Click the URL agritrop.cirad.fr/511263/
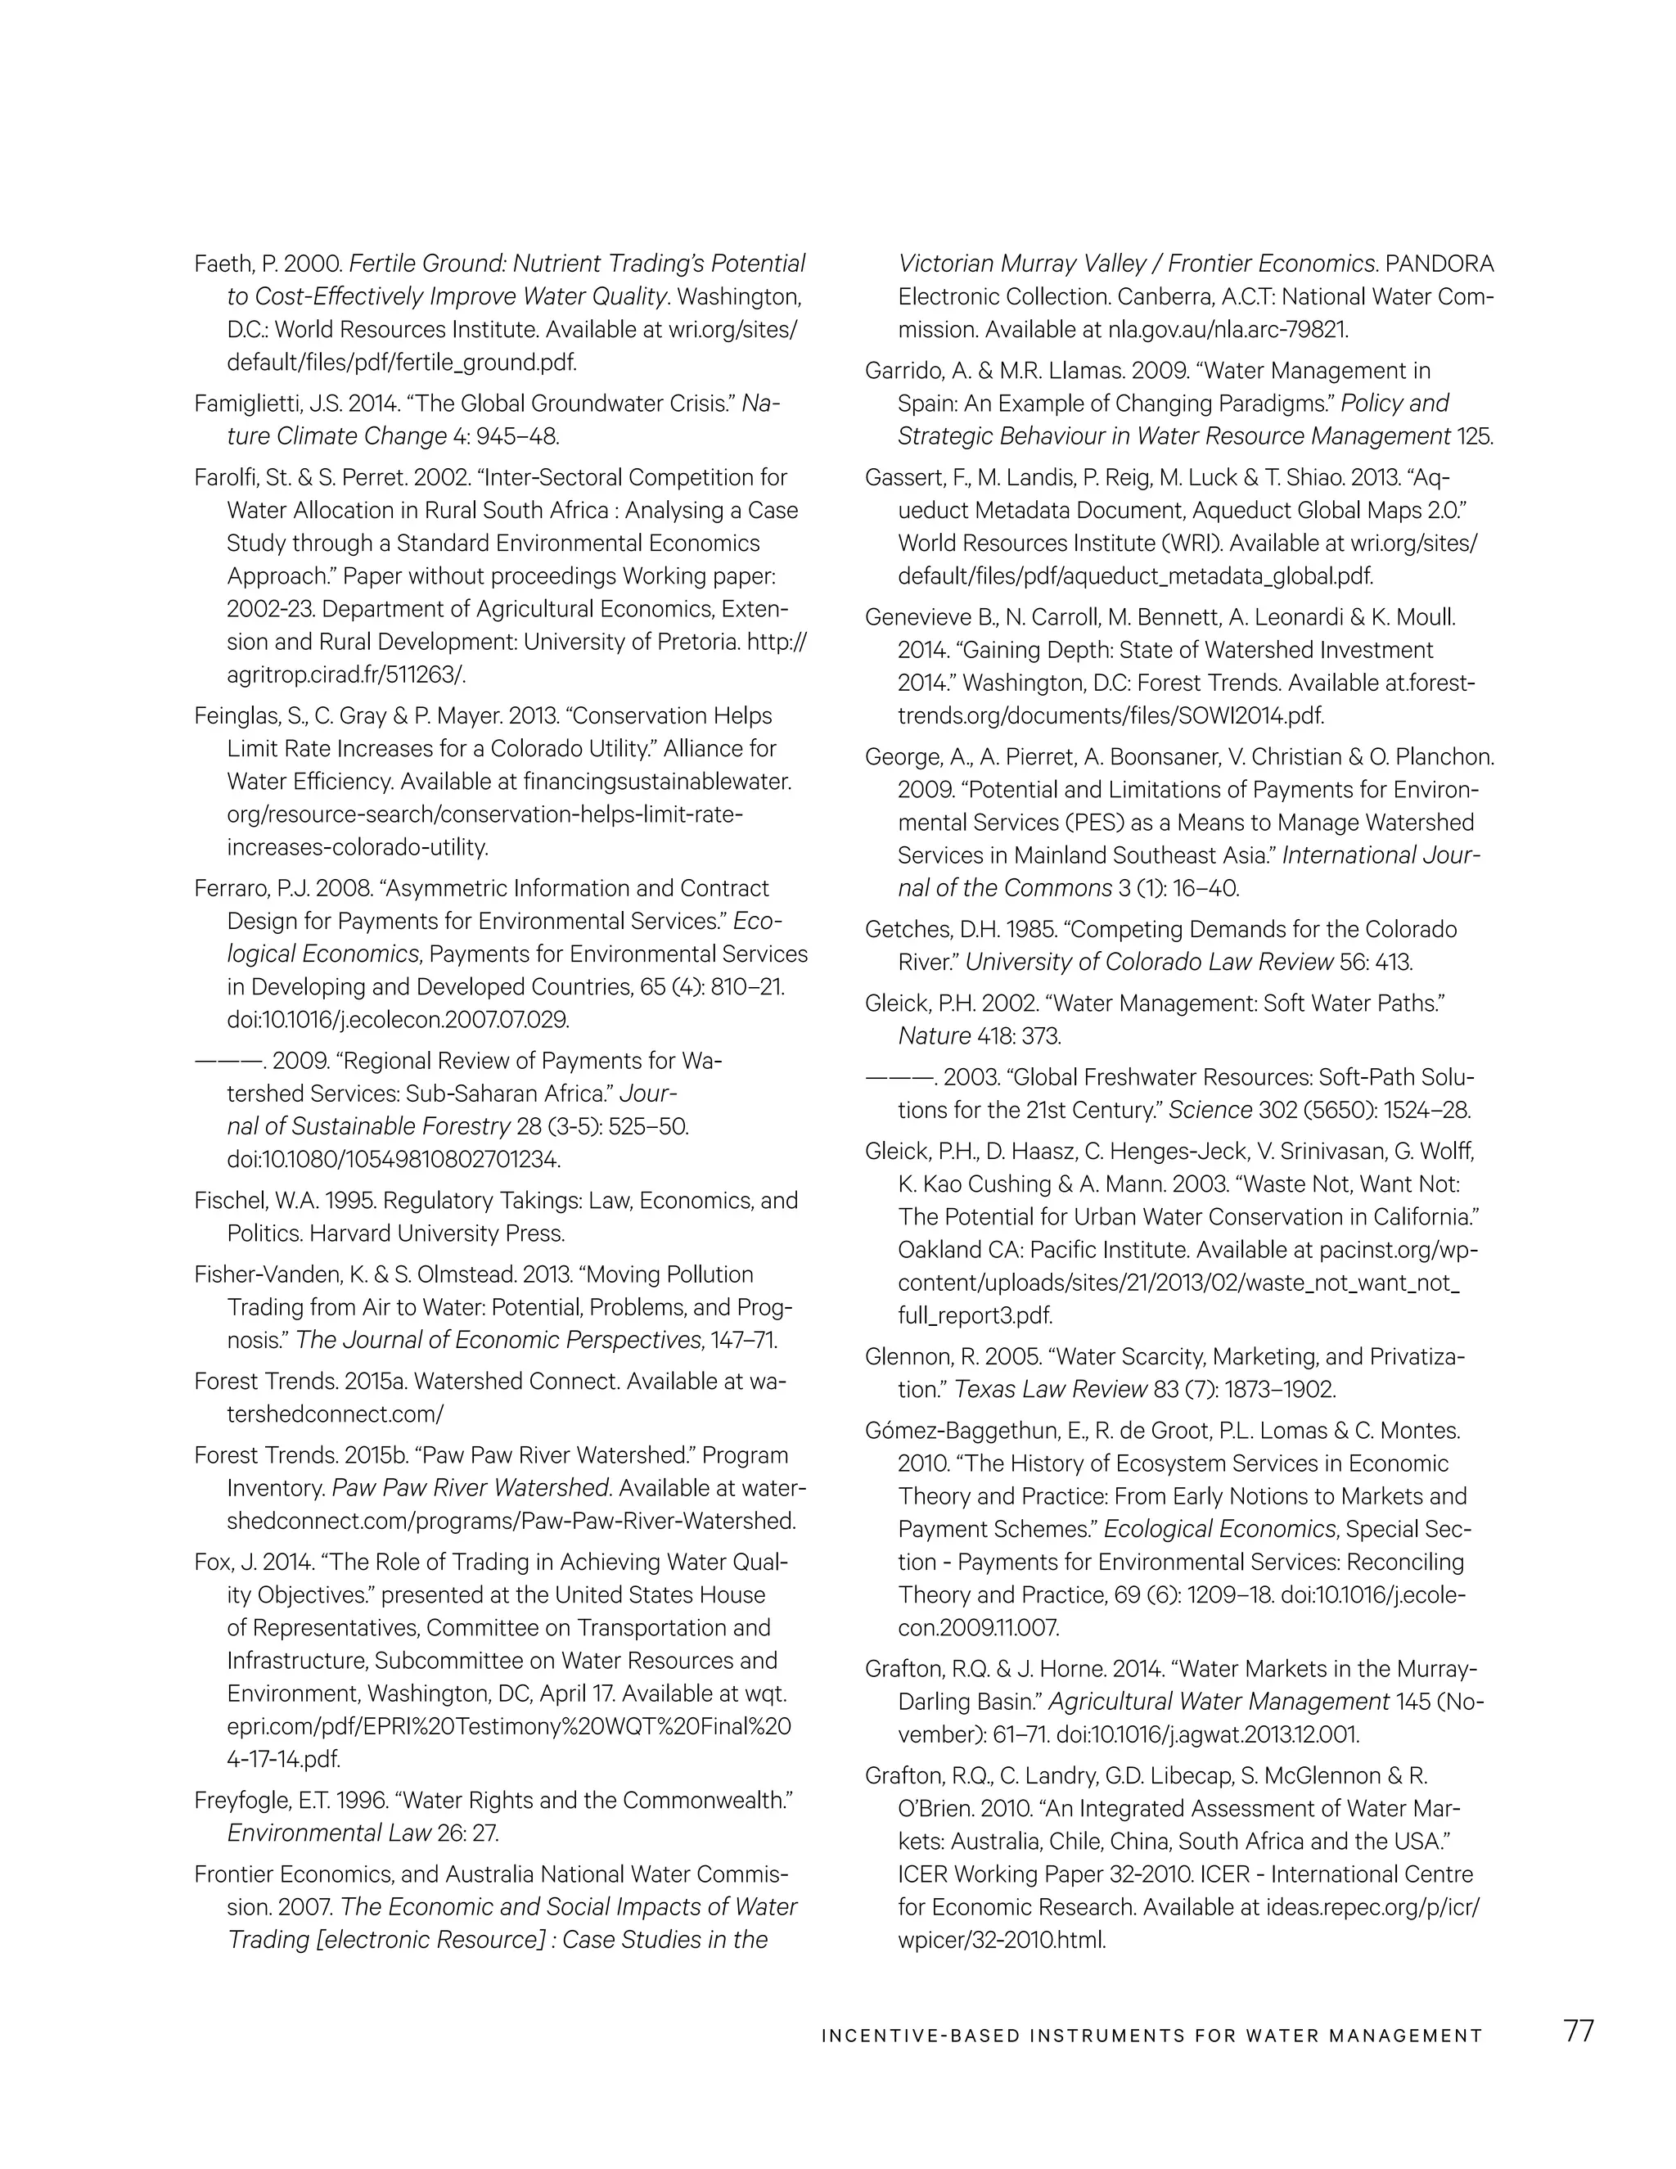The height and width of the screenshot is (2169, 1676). (346, 675)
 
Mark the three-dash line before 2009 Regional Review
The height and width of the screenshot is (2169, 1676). (228, 1062)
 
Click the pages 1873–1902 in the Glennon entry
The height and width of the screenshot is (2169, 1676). (1262, 1390)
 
